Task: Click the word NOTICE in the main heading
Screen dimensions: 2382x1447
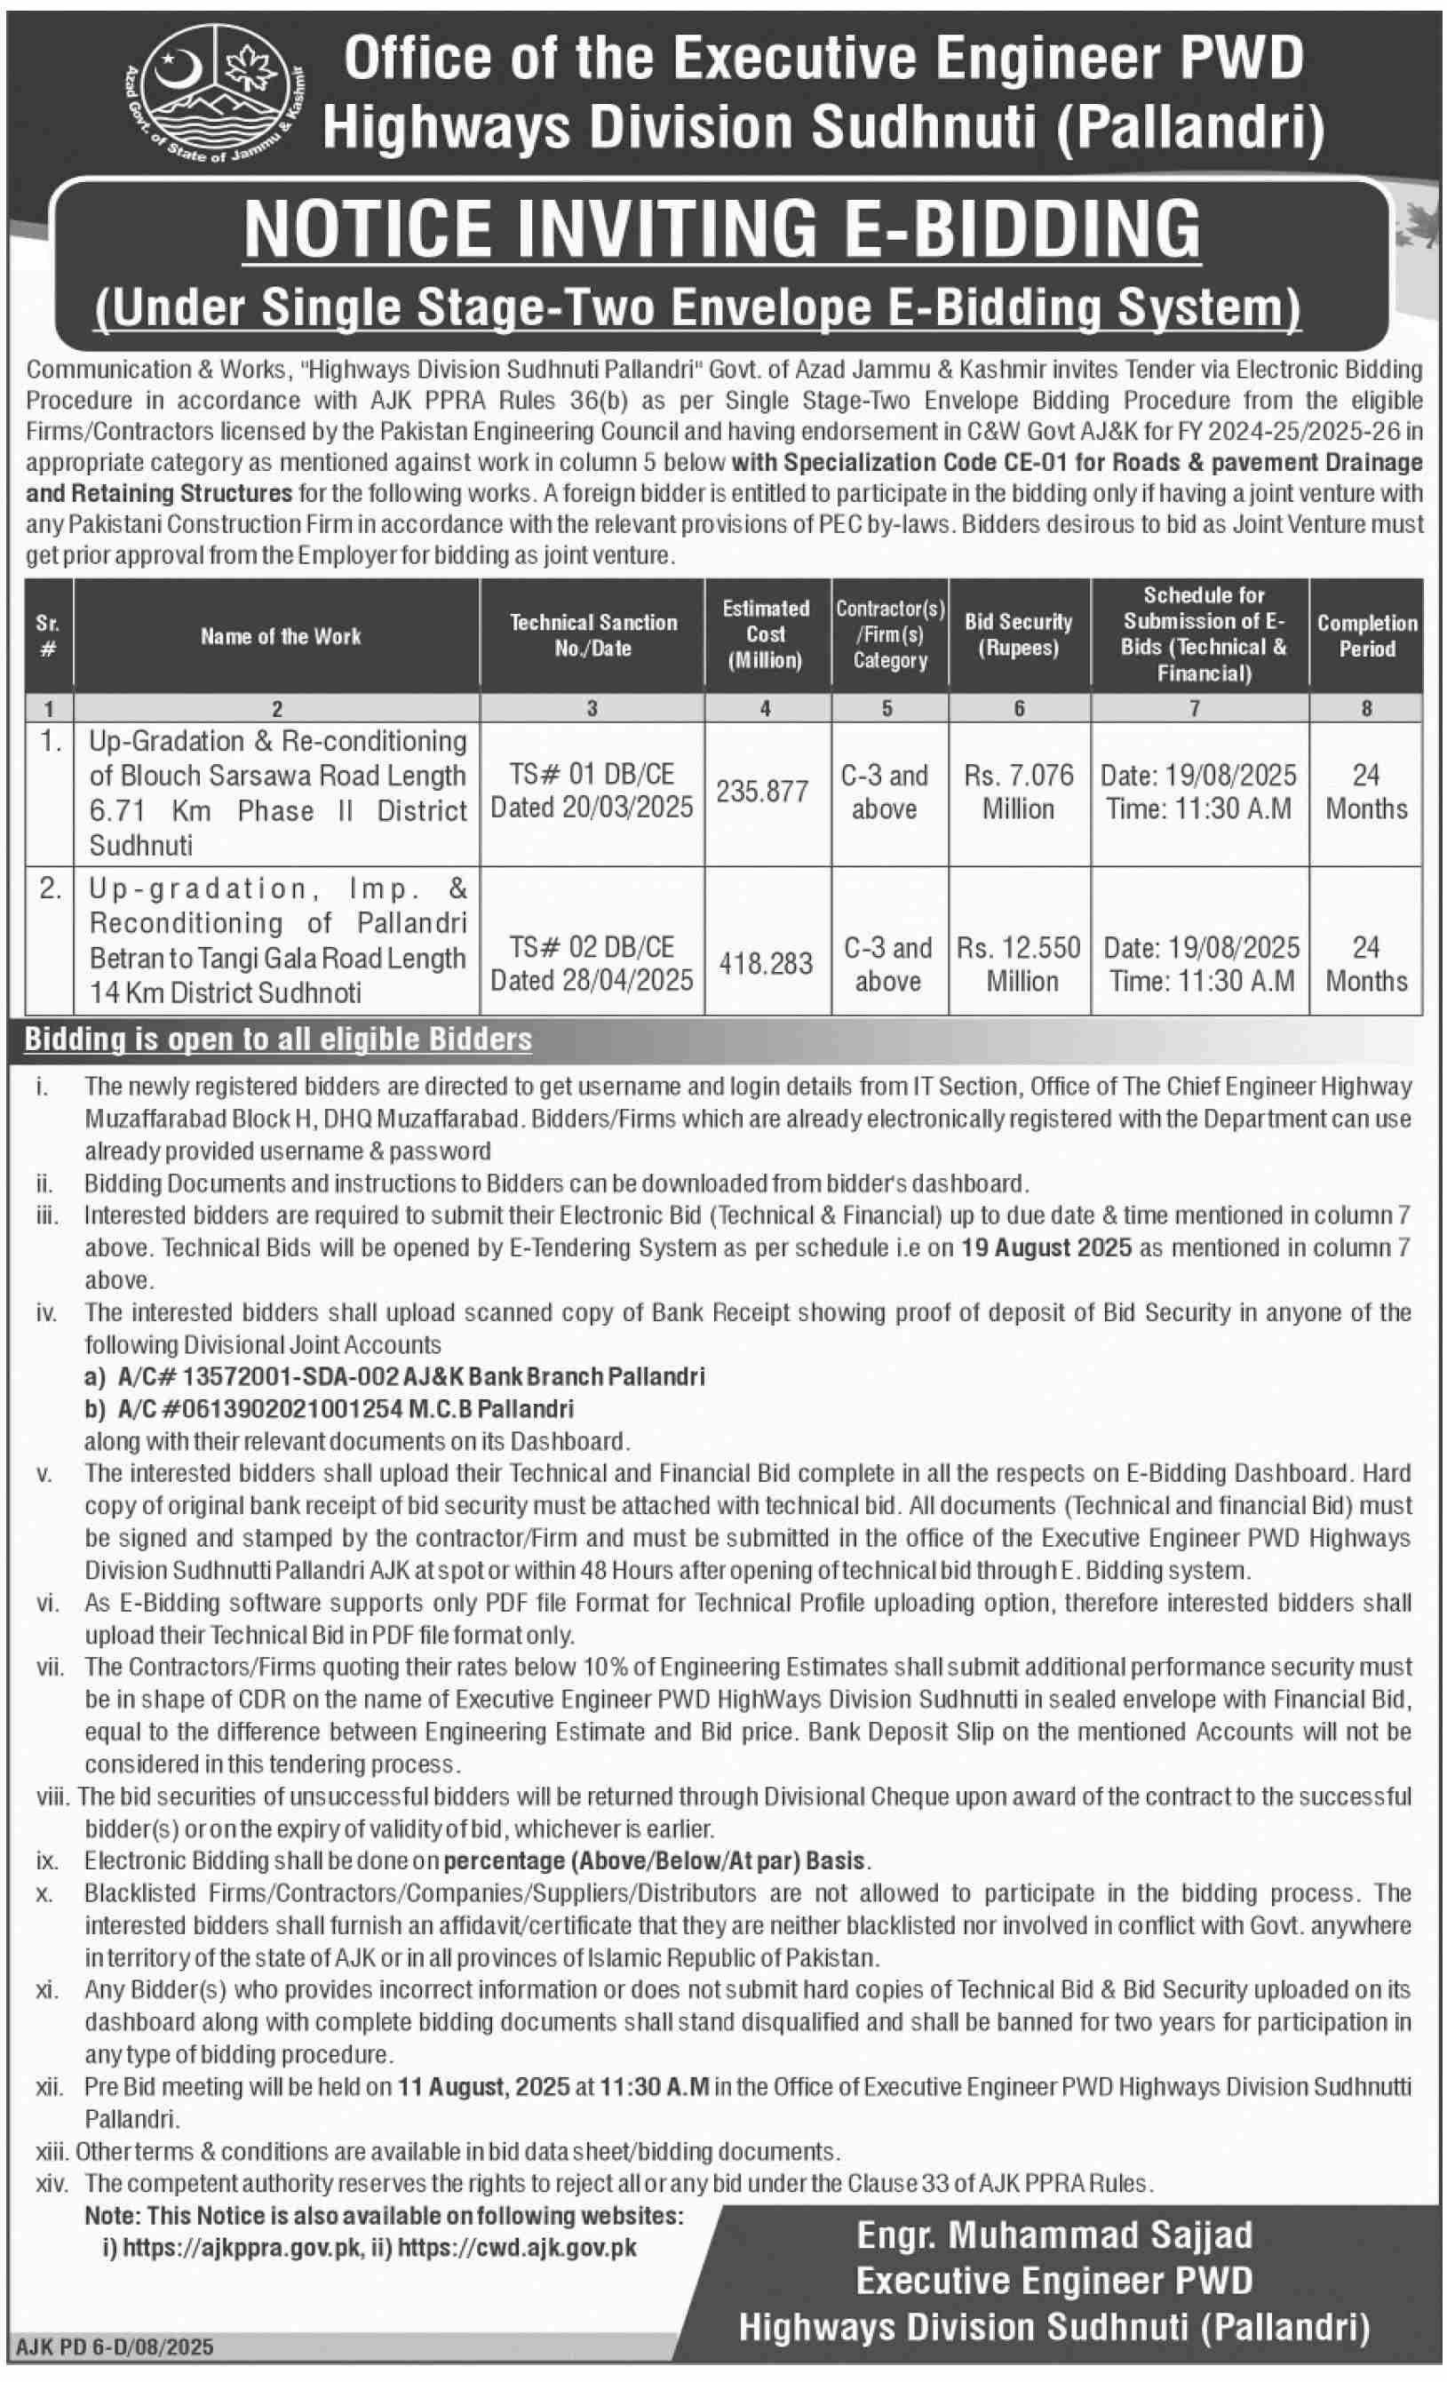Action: pos(369,230)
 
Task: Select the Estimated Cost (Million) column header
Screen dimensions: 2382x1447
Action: pos(766,634)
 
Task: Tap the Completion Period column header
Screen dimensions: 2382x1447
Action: pos(1366,635)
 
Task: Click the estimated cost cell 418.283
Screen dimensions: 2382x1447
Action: pos(766,963)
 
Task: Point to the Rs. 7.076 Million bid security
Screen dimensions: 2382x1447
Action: pos(1019,791)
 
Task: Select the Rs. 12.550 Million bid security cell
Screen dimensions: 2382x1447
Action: pos(1019,963)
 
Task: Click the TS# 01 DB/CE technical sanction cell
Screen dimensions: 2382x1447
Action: pos(592,775)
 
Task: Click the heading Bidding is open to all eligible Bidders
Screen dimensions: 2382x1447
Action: pos(278,1040)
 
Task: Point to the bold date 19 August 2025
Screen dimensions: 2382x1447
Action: pos(1045,1247)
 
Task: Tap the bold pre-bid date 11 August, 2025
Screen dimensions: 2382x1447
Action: pos(483,2086)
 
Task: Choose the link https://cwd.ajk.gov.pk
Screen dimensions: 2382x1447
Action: pos(517,2248)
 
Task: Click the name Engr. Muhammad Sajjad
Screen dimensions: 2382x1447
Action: pos(1053,2235)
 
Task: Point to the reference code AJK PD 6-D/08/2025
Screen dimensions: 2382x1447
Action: pos(114,2347)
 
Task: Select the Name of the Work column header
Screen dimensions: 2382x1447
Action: pos(281,636)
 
